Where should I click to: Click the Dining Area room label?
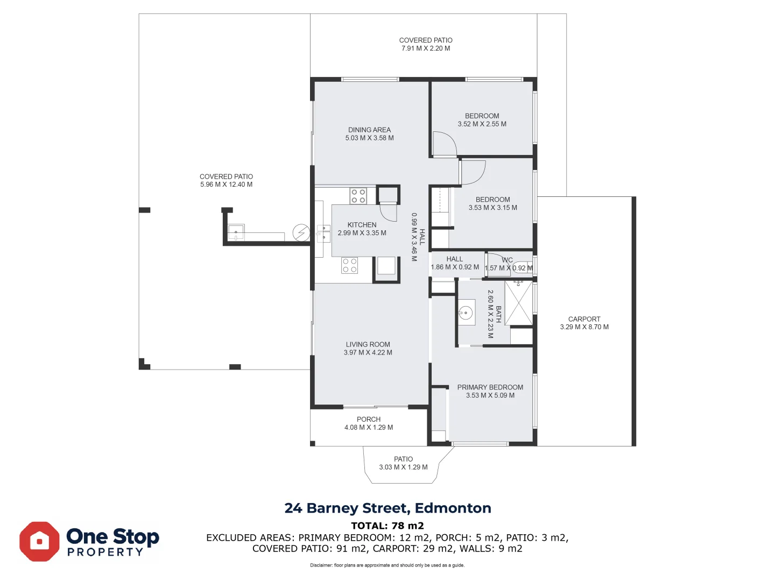pos(369,130)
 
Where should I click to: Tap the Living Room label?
pos(368,344)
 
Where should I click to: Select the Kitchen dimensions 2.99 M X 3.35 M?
pos(362,233)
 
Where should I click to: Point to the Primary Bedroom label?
pos(490,387)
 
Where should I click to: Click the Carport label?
pos(584,319)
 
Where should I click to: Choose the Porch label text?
pos(369,419)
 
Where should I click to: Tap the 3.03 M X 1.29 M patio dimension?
pos(403,467)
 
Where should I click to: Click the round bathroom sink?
pos(466,313)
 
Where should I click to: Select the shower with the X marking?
pos(518,303)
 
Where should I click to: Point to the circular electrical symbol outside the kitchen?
pos(301,232)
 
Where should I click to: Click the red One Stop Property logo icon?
pos(39,542)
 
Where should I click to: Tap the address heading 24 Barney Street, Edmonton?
pos(387,508)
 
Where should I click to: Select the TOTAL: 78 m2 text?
pos(387,526)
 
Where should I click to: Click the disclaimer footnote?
pos(387,565)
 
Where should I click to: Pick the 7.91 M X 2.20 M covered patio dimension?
pos(426,48)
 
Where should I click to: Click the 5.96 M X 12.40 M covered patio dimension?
pos(227,185)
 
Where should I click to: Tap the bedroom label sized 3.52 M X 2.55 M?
pos(482,120)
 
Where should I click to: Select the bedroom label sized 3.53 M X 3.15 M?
pos(492,203)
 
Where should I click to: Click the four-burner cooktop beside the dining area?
pos(358,196)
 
